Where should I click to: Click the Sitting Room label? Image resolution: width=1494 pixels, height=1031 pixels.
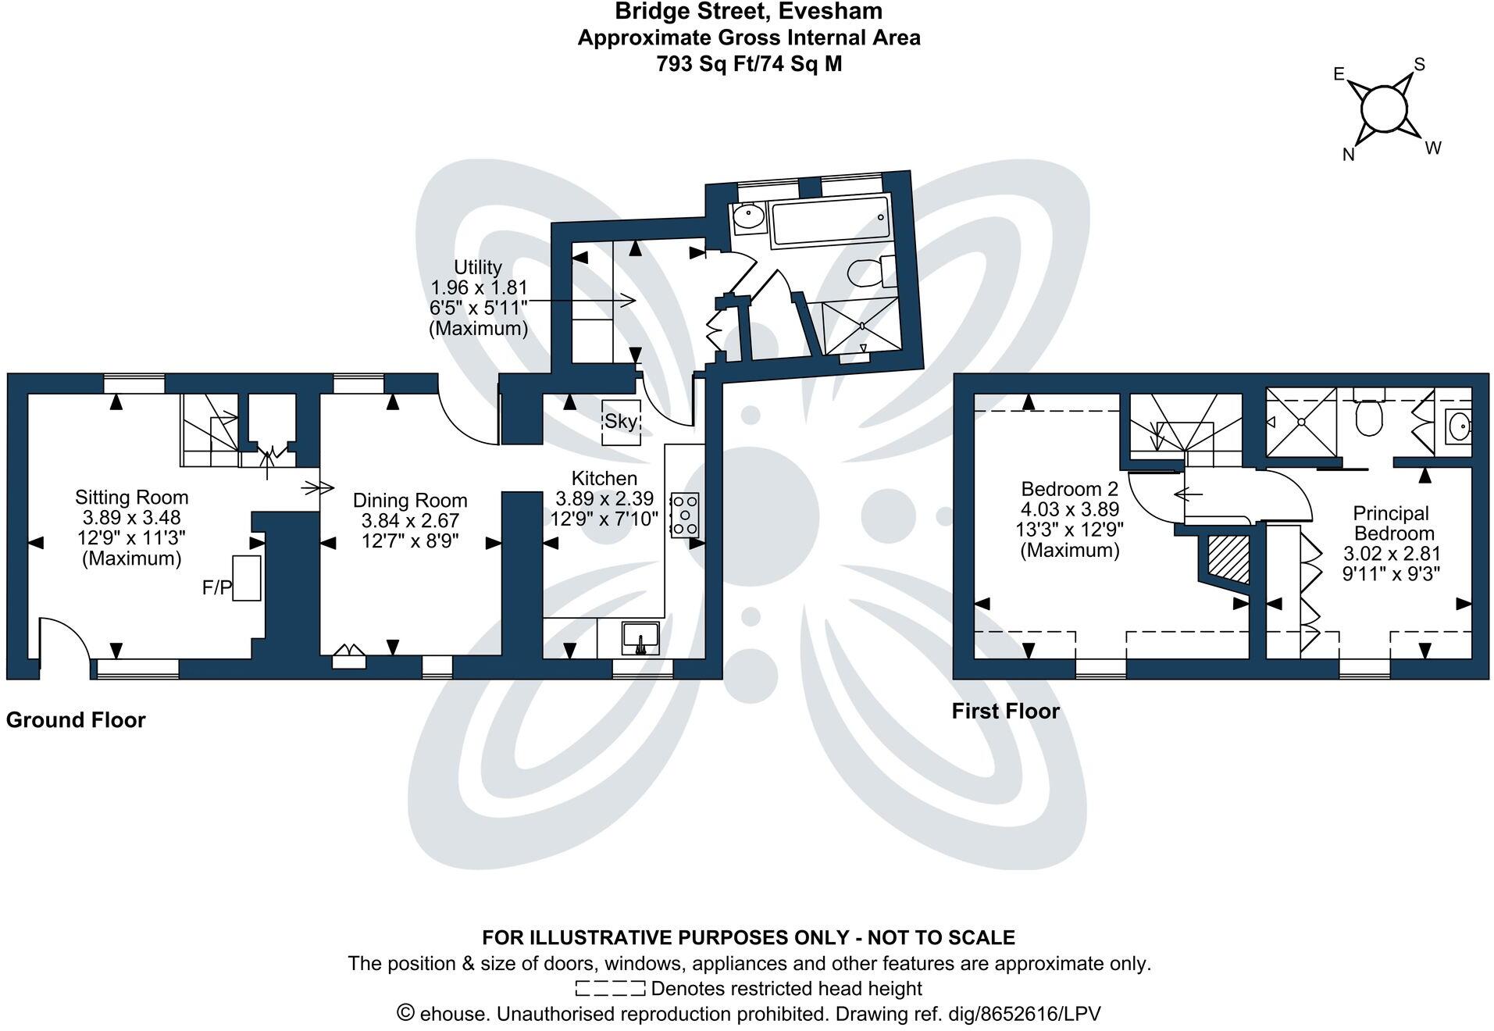(x=131, y=498)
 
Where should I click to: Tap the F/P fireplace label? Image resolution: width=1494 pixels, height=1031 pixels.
(x=216, y=588)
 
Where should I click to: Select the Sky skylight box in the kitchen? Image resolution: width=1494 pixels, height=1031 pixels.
(x=621, y=423)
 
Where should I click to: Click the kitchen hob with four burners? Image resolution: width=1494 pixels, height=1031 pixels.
(x=684, y=514)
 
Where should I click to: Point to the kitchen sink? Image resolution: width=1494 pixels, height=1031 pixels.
(x=640, y=637)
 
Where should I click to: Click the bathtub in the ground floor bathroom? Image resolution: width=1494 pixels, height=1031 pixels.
(x=829, y=222)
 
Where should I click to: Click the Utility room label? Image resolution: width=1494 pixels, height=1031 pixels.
(x=478, y=267)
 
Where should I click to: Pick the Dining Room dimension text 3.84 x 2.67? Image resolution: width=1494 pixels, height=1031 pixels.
(x=410, y=520)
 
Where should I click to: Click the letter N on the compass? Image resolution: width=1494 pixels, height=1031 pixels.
(x=1348, y=155)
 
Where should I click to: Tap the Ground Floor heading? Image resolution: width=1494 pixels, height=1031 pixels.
(x=76, y=719)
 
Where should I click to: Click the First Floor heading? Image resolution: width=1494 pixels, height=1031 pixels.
(x=1005, y=711)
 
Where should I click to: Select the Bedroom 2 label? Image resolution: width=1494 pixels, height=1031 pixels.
(x=1069, y=489)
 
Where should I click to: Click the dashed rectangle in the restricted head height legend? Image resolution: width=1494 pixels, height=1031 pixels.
(x=610, y=988)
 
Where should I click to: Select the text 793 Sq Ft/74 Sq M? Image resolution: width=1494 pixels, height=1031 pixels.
(x=749, y=63)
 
